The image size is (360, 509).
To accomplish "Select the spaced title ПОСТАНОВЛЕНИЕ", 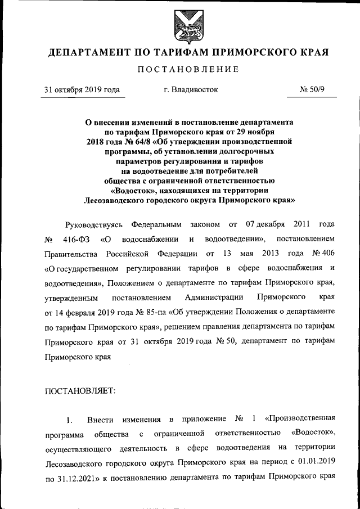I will coord(188,69).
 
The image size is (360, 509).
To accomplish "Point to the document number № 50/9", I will coord(312,89).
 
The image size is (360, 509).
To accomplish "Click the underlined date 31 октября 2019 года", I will coord(82,89).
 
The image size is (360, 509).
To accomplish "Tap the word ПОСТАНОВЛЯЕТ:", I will coord(79,393).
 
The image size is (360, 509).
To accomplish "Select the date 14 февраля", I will coord(78,312).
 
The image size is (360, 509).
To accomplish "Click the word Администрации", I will coord(214,297).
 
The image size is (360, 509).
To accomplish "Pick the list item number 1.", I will coord(69,421).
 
